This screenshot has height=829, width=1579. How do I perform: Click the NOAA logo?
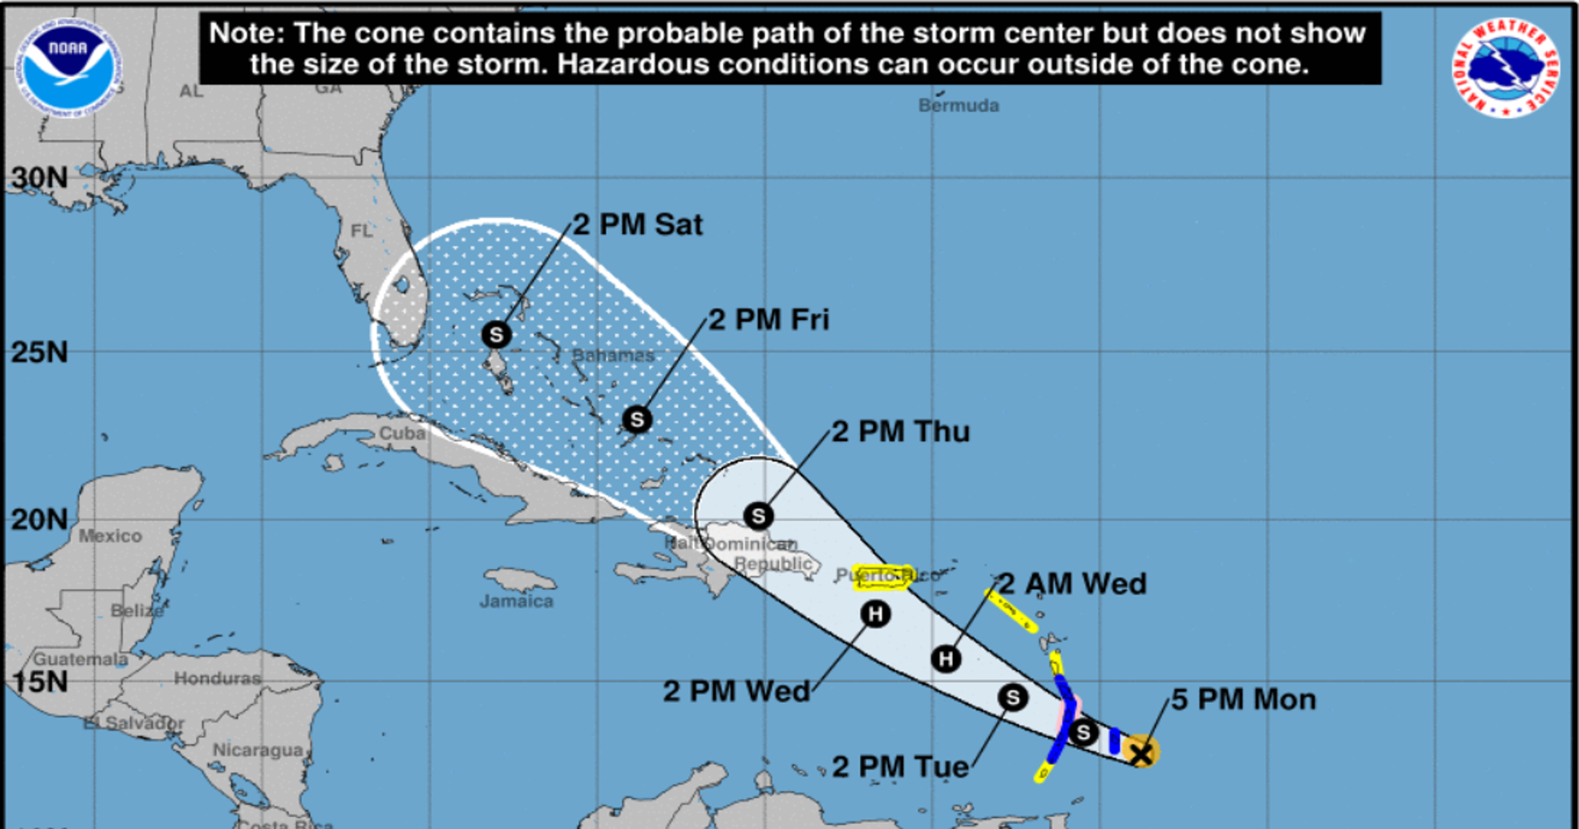[x=68, y=68]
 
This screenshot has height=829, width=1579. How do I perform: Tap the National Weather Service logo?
[x=1505, y=68]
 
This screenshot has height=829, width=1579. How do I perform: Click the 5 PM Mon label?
[x=1243, y=700]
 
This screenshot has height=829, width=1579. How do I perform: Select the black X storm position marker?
[x=1141, y=753]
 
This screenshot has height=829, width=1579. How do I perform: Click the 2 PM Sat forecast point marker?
[x=496, y=335]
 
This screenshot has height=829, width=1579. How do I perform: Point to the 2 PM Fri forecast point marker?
[x=637, y=419]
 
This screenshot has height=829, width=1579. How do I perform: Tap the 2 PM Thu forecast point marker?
[x=758, y=516]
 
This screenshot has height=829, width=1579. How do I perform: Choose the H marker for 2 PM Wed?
[x=875, y=614]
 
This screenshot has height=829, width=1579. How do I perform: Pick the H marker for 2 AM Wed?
[x=946, y=659]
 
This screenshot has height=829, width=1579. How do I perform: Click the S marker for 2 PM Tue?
[x=1012, y=697]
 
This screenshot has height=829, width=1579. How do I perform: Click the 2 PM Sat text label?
[x=638, y=225]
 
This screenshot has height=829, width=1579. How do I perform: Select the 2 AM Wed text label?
[x=1073, y=584]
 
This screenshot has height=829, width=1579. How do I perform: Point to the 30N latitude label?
[x=40, y=178]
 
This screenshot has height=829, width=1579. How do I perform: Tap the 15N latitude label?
[x=40, y=682]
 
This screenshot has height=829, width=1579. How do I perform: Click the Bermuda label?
[x=958, y=106]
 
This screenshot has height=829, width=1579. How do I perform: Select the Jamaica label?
[x=516, y=601]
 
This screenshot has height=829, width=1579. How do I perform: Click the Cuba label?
[x=402, y=433]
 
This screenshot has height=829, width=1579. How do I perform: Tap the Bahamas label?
[x=613, y=355]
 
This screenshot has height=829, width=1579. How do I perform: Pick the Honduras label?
[x=218, y=678]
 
